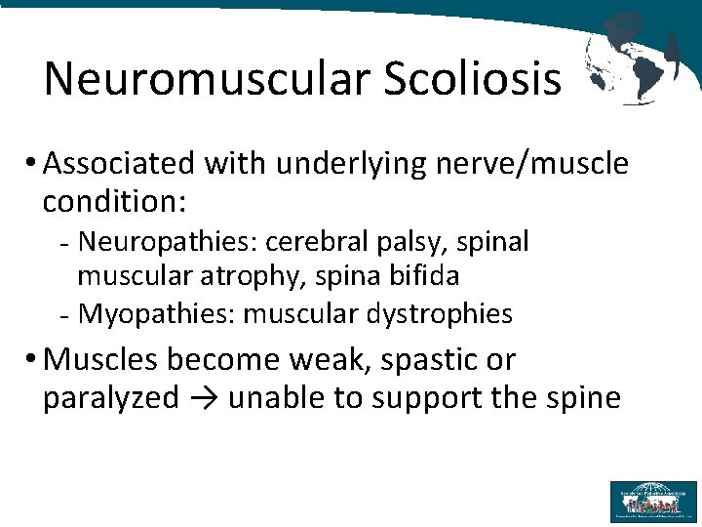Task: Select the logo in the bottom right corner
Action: (x=653, y=501)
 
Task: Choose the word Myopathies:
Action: (x=156, y=313)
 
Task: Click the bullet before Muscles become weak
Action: (x=33, y=359)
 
